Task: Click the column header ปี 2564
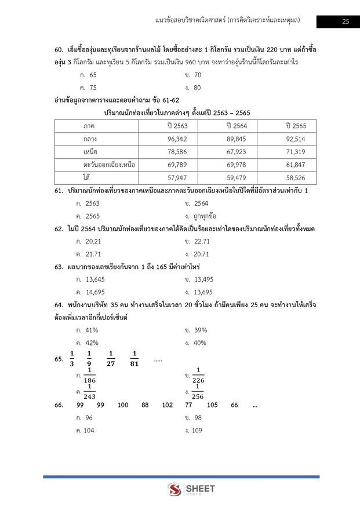pyautogui.click(x=236, y=126)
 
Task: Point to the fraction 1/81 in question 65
pyautogui.click(x=134, y=359)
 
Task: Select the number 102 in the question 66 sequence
pyautogui.click(x=168, y=405)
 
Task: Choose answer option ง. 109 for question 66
pyautogui.click(x=194, y=431)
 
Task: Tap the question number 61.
pyautogui.click(x=58, y=190)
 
